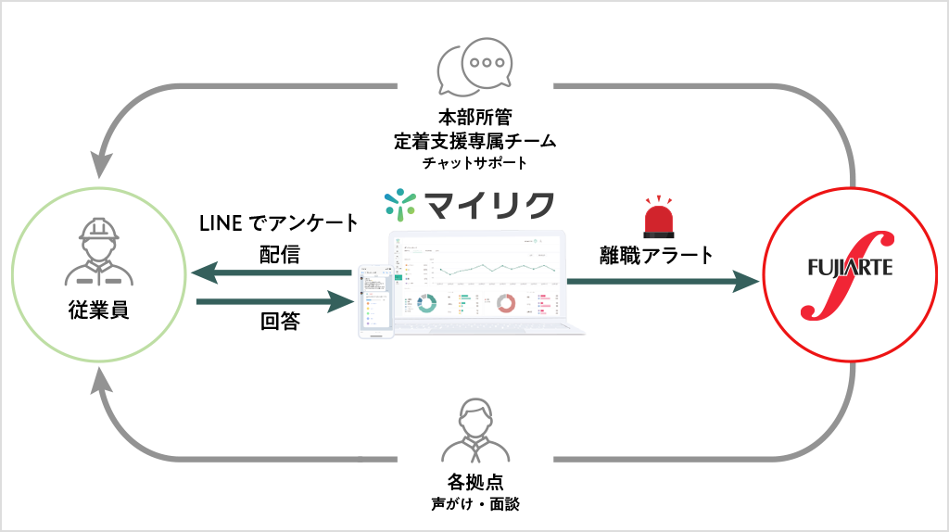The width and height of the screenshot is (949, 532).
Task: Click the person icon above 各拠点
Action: (x=474, y=431)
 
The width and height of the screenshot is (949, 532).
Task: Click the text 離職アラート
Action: (x=656, y=254)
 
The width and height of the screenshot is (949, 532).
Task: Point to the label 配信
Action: (x=279, y=254)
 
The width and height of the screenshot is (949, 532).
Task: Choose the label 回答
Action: (x=279, y=322)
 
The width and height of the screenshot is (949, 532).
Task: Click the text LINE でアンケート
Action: (x=278, y=222)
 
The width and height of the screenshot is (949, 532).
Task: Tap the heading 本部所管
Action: (x=474, y=118)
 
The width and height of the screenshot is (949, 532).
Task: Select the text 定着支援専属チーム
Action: (x=474, y=141)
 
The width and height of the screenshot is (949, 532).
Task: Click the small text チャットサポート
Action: (x=474, y=163)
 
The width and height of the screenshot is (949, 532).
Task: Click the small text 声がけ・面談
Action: (x=474, y=505)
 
